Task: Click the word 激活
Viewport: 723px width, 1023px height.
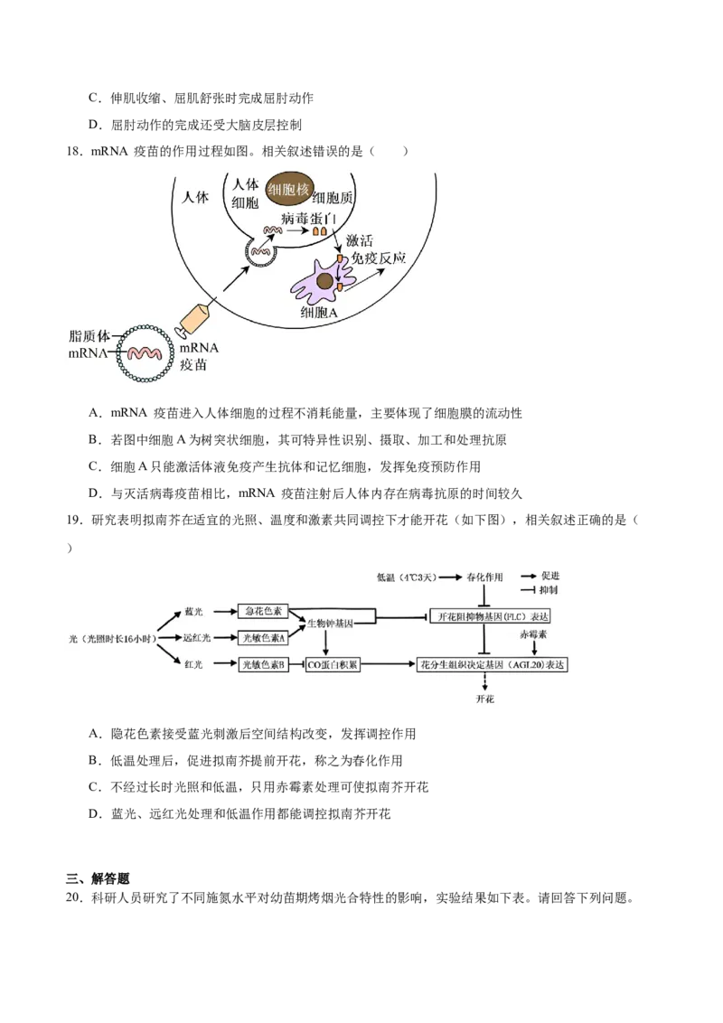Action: (x=366, y=240)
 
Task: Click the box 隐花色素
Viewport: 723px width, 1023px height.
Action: (x=262, y=612)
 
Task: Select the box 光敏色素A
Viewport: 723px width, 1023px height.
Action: (x=262, y=638)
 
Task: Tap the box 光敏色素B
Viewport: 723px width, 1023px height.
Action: (x=262, y=665)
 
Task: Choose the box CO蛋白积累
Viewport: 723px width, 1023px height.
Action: (x=333, y=665)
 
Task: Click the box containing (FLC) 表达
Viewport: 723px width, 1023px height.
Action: (x=490, y=616)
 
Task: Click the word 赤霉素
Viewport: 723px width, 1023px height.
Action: (x=535, y=635)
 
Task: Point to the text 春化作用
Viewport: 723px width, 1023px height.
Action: (x=485, y=577)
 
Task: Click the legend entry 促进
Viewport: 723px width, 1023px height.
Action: (x=550, y=576)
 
